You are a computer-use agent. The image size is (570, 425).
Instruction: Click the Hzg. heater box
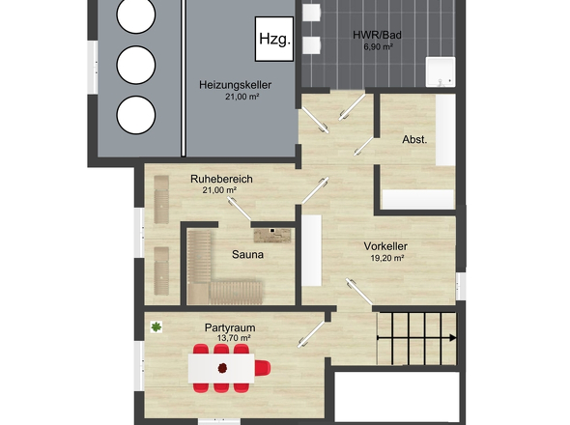274,39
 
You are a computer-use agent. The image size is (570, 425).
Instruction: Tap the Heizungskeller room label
235,85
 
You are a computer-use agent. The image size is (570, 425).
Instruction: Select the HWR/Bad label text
377,35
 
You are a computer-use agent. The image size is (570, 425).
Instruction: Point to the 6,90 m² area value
378,46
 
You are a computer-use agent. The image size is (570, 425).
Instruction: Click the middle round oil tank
136,65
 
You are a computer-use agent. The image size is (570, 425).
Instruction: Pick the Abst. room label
414,140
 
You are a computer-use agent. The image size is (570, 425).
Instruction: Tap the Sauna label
247,254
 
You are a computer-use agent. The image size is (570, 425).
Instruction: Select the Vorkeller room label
385,246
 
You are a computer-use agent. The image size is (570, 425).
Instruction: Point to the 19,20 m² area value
387,258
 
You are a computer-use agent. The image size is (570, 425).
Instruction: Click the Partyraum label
230,327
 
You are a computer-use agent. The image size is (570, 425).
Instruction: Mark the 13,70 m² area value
234,338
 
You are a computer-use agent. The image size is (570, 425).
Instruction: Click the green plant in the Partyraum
157,326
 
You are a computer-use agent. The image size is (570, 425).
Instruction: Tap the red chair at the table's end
263,368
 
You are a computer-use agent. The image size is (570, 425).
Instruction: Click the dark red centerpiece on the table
222,368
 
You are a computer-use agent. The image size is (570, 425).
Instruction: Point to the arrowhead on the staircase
453,338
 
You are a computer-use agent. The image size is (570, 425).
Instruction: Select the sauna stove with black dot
272,236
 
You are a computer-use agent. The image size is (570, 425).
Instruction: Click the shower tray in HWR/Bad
441,72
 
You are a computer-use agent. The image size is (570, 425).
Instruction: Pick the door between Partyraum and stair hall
311,334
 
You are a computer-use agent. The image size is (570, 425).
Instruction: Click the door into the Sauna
240,209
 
